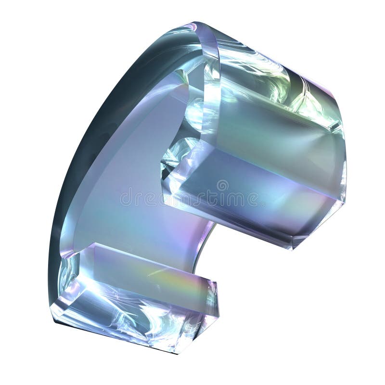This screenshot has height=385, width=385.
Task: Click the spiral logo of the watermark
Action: click(x=222, y=185)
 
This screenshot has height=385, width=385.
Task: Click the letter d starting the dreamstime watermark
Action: click(x=124, y=197)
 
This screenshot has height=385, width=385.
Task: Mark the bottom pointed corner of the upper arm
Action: click(x=291, y=248)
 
